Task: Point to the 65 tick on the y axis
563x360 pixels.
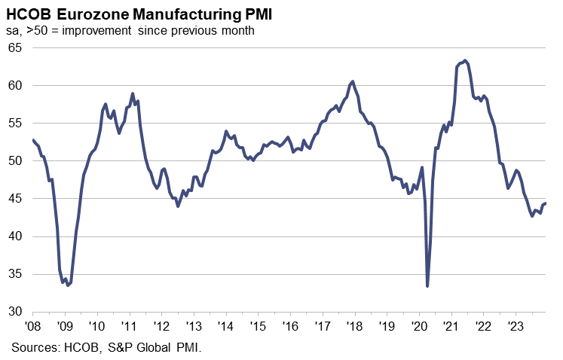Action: click(16, 47)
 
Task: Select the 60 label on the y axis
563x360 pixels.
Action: click(16, 85)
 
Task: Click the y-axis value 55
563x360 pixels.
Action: click(16, 123)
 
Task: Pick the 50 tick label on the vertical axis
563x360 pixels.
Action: click(16, 160)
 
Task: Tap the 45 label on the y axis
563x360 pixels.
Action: click(16, 198)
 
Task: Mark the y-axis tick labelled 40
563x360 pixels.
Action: click(16, 236)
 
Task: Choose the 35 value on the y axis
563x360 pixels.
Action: click(16, 274)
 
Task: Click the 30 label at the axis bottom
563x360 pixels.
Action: click(16, 312)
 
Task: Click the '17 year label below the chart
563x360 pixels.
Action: click(323, 327)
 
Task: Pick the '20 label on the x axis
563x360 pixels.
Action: click(419, 327)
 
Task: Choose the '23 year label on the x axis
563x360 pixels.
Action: click(516, 327)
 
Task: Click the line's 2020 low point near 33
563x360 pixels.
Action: click(427, 286)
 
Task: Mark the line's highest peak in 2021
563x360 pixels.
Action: click(465, 60)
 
